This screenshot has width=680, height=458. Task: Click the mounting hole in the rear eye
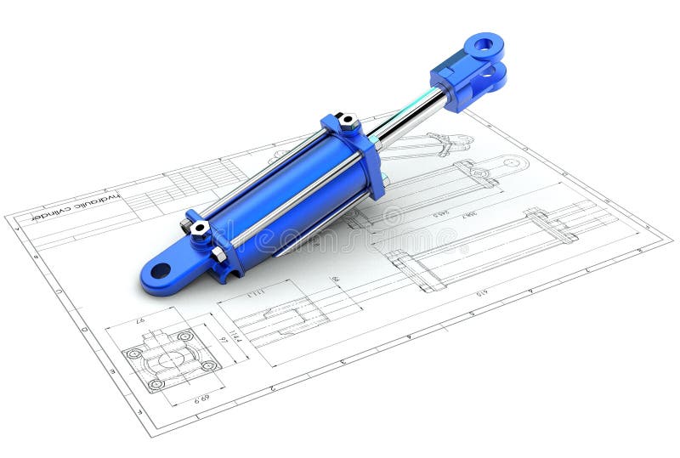(160, 271)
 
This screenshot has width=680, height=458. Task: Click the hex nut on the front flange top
(348, 122)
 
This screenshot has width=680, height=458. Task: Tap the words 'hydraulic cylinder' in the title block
(76, 206)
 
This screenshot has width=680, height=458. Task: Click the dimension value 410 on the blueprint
(481, 292)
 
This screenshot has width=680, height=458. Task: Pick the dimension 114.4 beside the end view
(237, 336)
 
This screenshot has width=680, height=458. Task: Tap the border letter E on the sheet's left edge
(112, 371)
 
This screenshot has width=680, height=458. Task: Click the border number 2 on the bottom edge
(273, 387)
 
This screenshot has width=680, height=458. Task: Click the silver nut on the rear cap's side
(219, 253)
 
